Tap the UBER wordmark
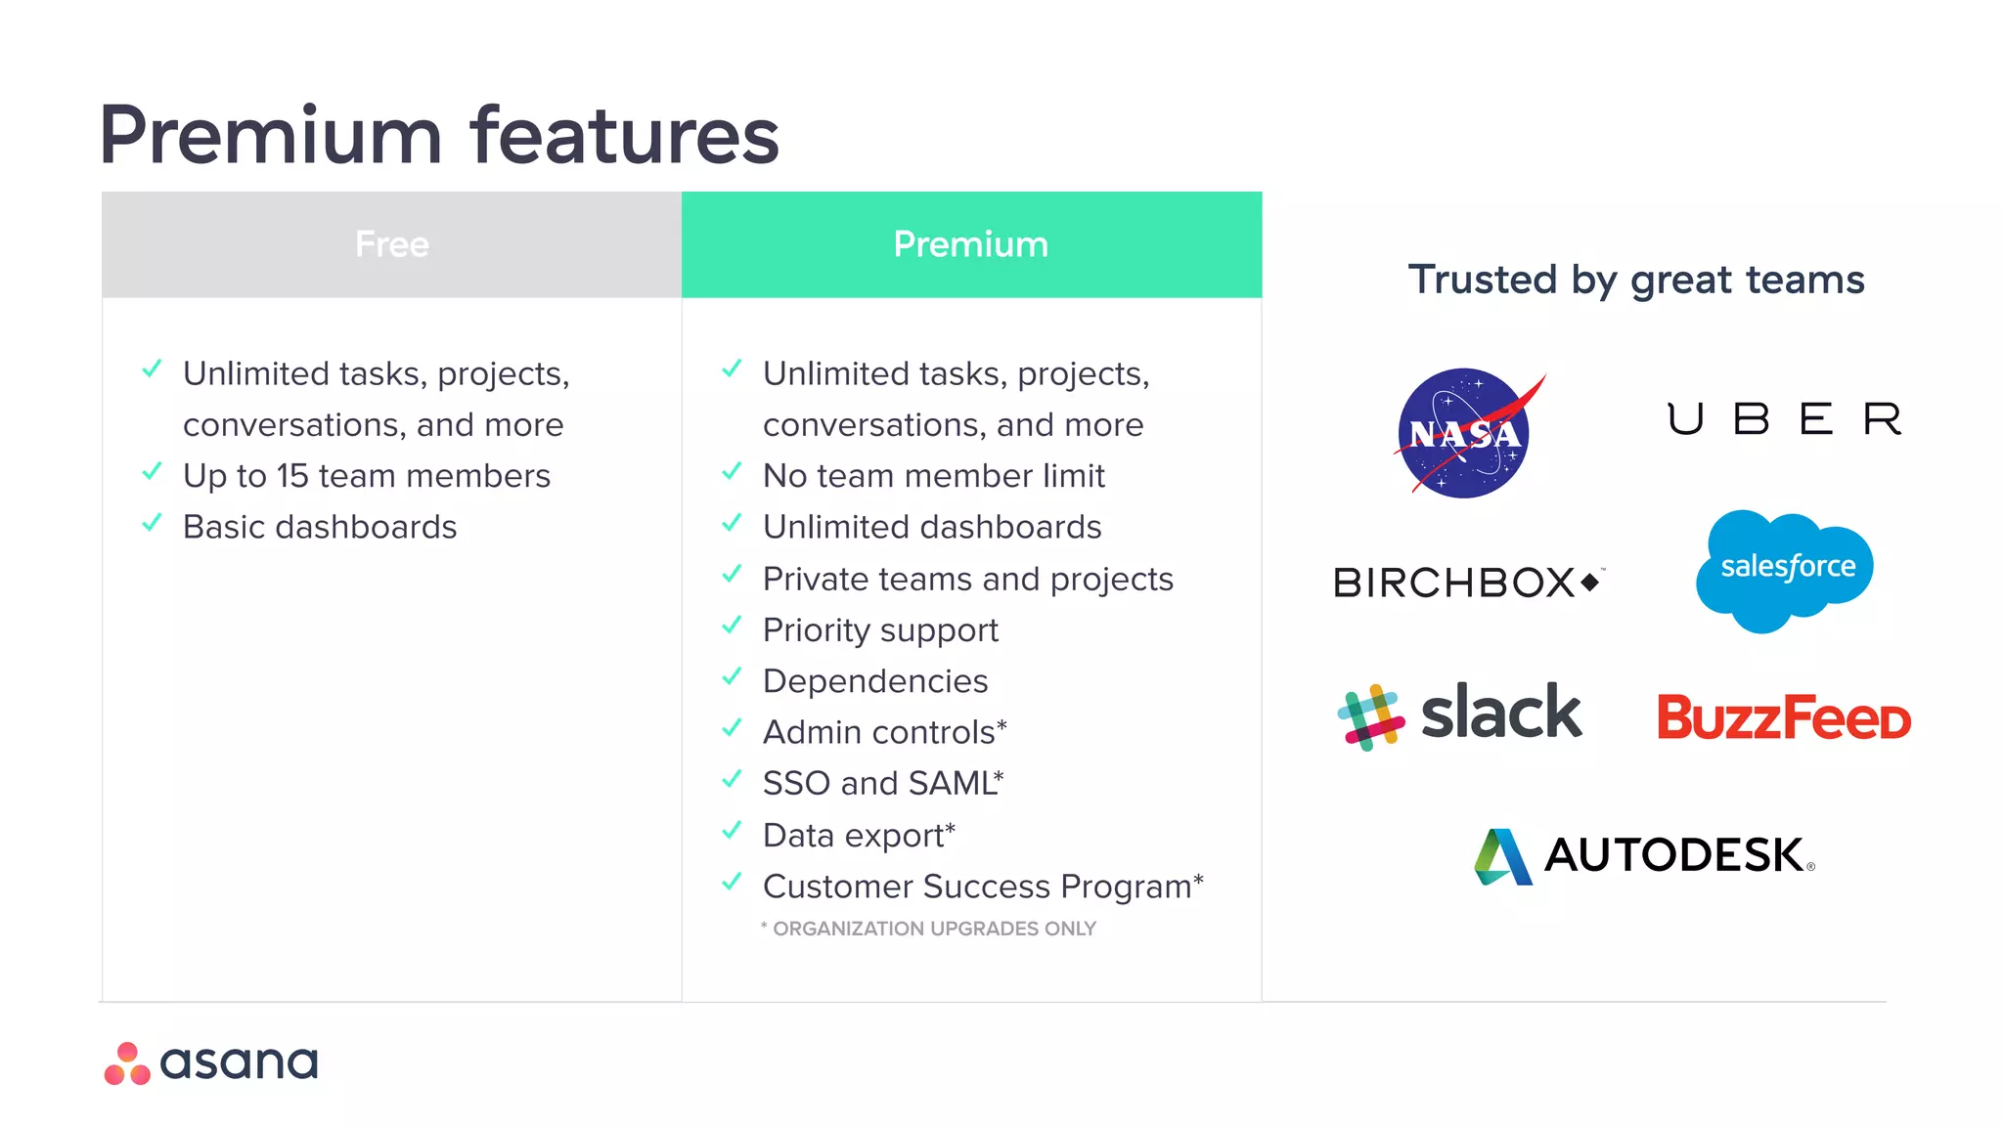pos(1783,419)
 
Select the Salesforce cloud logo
pos(1786,568)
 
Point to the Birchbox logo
pos(1466,583)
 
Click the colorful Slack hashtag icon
pos(1370,716)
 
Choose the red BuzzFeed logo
pos(1783,717)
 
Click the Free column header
pos(391,244)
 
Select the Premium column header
pos(970,244)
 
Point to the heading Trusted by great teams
pos(1635,280)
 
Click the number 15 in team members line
pos(291,476)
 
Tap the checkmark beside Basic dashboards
pos(152,523)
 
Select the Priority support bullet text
pos(880,630)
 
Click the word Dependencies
pos(875,681)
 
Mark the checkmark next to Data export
pos(732,831)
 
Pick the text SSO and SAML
pos(880,783)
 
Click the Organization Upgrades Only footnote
pos(929,929)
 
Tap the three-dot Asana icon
pos(127,1064)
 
